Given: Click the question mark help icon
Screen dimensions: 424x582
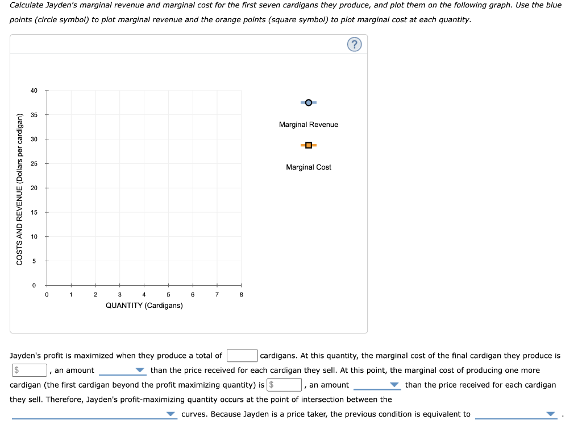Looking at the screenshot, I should tap(354, 44).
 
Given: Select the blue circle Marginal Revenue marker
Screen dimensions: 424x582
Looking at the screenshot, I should tap(308, 102).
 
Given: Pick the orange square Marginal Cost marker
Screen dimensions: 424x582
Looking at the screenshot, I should tap(308, 145).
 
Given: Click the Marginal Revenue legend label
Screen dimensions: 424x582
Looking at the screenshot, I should tap(308, 125).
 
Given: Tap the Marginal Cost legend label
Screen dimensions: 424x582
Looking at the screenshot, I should tap(308, 167).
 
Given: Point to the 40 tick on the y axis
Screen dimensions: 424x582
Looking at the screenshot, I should tap(34, 90).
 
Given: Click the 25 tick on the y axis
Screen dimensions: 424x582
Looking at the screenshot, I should tap(34, 164).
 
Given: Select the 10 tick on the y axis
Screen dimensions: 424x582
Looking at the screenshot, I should tap(34, 237).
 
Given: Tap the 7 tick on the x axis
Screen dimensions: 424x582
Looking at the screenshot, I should tap(217, 294).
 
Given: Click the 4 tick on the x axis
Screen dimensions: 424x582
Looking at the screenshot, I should tap(144, 294).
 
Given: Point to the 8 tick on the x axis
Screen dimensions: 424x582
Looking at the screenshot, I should tap(242, 294).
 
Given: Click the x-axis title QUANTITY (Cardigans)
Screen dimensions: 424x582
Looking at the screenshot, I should tap(144, 306).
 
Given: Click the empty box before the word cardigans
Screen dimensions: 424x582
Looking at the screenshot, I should tap(242, 356).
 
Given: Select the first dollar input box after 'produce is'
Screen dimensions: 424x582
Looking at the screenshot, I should tap(30, 370).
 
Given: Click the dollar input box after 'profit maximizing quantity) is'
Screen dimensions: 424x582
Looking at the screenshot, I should tap(285, 385).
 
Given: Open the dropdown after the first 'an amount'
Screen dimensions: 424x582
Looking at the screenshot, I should tap(123, 371).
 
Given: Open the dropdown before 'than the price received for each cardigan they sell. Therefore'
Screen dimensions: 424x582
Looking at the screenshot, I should tap(377, 385).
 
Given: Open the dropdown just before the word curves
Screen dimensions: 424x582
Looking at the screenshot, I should tap(94, 414).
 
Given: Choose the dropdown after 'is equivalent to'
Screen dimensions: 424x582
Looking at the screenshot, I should tap(515, 414).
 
